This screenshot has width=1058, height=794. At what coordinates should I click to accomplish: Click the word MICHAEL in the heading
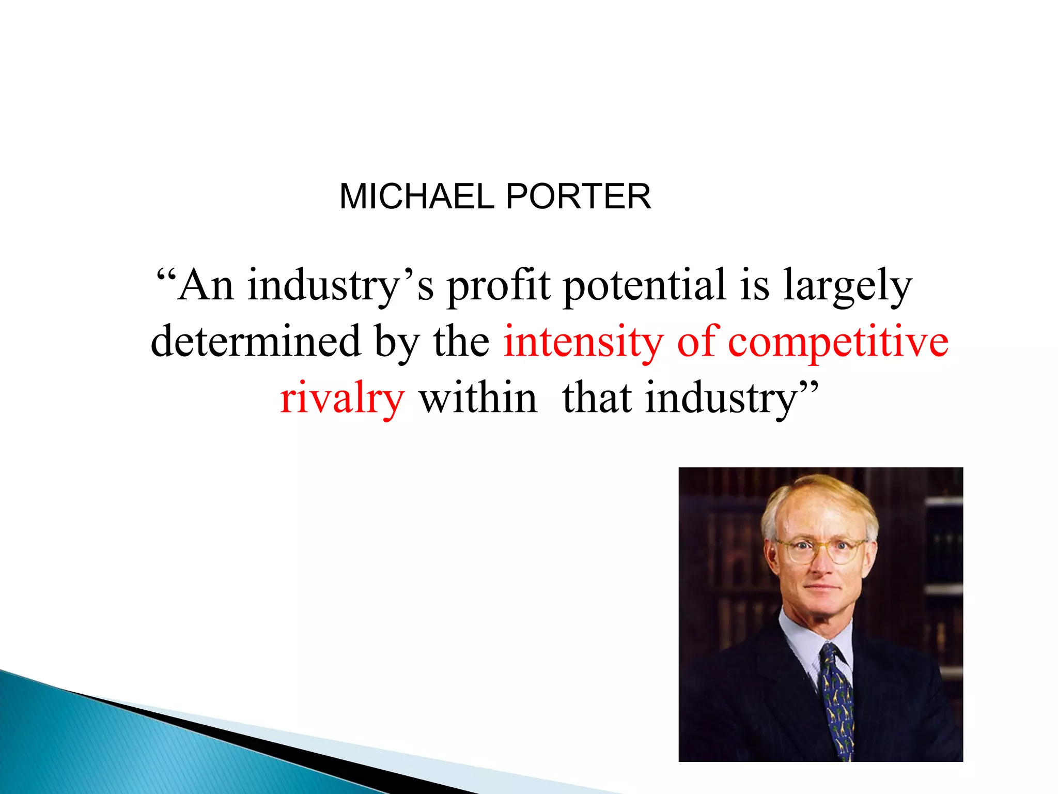click(416, 197)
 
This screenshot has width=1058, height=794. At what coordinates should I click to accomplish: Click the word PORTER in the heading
click(578, 197)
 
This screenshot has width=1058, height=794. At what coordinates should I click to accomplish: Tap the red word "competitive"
click(838, 342)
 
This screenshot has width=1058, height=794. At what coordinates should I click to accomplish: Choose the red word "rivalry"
click(342, 398)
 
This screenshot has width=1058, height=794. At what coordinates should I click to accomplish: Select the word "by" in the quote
click(397, 342)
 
